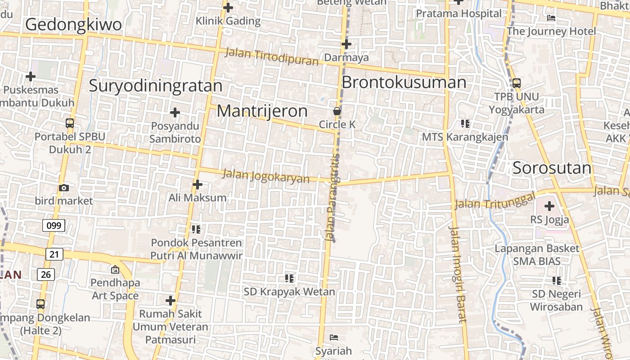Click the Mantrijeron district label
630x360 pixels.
click(262, 111)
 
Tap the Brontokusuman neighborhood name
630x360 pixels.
click(404, 82)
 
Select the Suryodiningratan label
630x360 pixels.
click(155, 85)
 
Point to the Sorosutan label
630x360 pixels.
click(552, 168)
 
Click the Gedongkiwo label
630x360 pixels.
click(73, 24)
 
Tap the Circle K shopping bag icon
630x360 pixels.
click(337, 111)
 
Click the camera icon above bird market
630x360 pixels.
click(64, 188)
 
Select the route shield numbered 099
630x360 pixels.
click(54, 225)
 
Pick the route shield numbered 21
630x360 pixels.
click(54, 254)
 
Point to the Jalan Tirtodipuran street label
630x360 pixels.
click(272, 57)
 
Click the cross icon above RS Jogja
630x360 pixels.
click(549, 206)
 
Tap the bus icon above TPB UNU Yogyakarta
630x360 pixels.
click(516, 83)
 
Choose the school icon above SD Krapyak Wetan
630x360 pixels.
click(289, 278)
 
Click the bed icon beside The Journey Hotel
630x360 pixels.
click(551, 18)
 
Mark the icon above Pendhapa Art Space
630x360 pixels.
click(115, 269)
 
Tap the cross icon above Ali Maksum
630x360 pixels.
click(197, 184)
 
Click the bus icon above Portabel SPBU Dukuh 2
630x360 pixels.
click(70, 123)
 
